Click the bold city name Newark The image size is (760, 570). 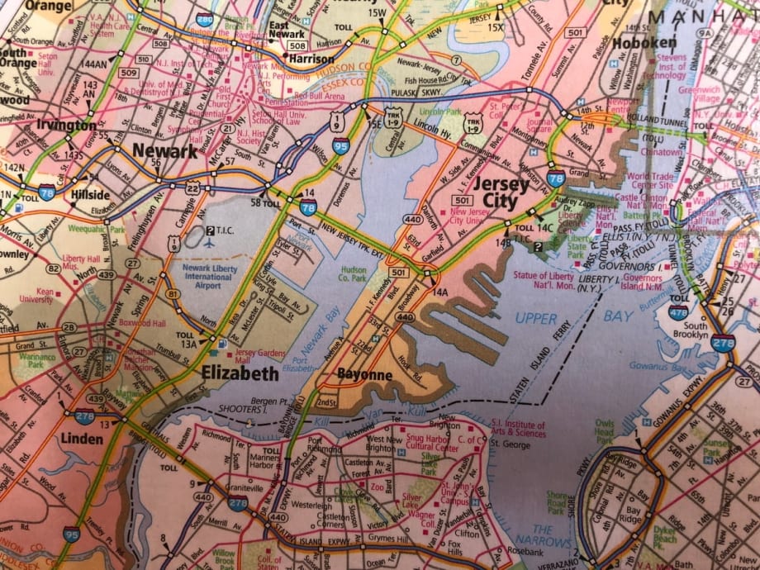click(x=164, y=152)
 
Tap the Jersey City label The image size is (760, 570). click(x=502, y=192)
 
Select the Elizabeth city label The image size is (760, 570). click(x=240, y=374)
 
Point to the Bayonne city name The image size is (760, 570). click(x=364, y=375)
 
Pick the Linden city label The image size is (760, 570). click(x=81, y=439)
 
